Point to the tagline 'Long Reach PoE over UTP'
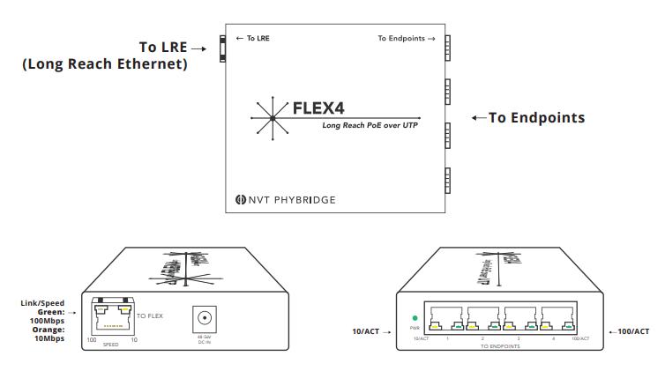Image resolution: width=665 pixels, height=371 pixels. [x=370, y=126]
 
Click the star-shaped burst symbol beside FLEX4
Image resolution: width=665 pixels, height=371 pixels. [x=273, y=116]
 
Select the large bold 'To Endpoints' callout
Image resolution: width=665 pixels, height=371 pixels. [x=536, y=117]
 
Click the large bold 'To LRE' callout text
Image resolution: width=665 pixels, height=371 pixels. [x=165, y=47]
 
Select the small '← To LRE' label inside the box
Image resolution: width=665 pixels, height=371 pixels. [x=254, y=39]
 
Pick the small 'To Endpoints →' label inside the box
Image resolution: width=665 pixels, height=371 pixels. [x=407, y=39]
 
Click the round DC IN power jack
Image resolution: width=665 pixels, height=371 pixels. [x=205, y=318]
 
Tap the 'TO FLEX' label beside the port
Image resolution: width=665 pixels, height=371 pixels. [x=150, y=315]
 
